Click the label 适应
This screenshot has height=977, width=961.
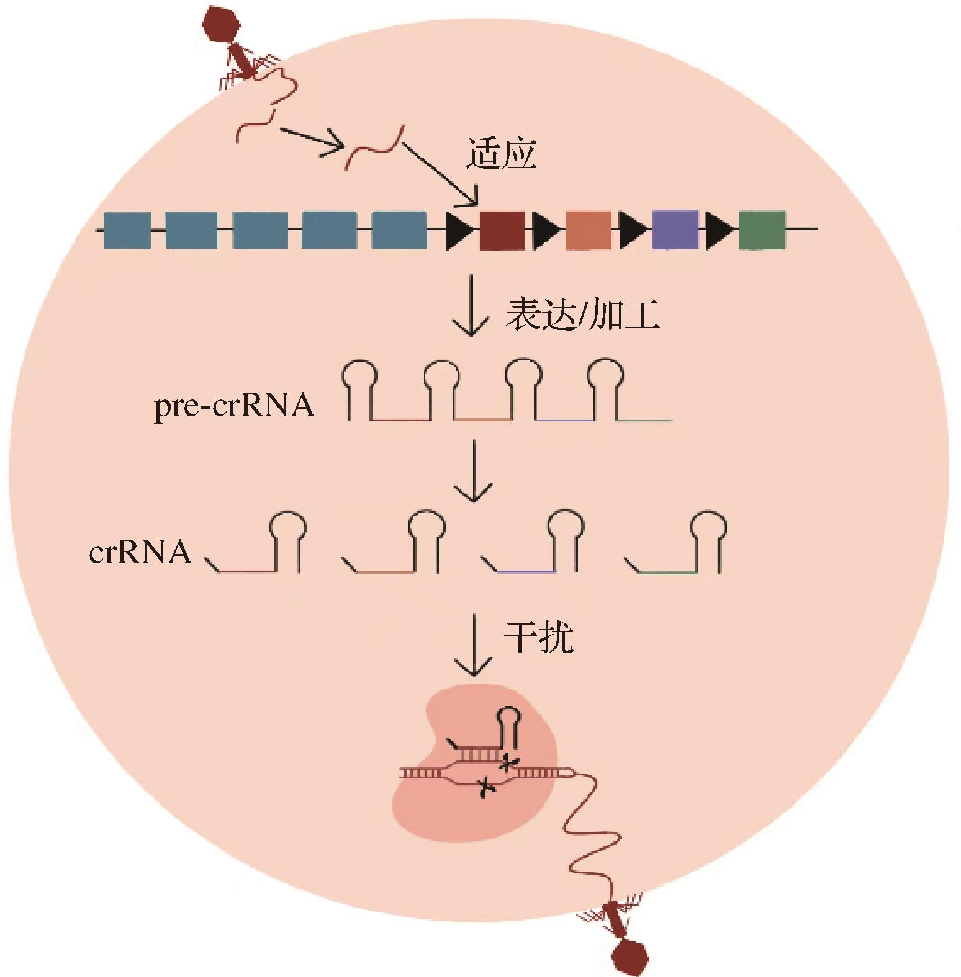(x=500, y=154)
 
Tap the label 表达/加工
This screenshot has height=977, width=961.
(x=582, y=315)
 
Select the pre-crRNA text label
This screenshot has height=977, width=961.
(x=234, y=406)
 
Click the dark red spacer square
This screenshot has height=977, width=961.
(x=502, y=230)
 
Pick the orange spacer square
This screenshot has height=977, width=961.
(x=589, y=230)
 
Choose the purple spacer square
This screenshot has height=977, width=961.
(x=675, y=230)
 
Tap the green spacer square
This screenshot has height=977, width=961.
(x=762, y=230)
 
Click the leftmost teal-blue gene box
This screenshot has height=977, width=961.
(x=127, y=230)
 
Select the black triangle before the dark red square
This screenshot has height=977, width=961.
(x=459, y=230)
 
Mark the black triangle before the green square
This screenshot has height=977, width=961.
(x=719, y=230)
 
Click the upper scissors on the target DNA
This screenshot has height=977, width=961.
(x=508, y=761)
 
